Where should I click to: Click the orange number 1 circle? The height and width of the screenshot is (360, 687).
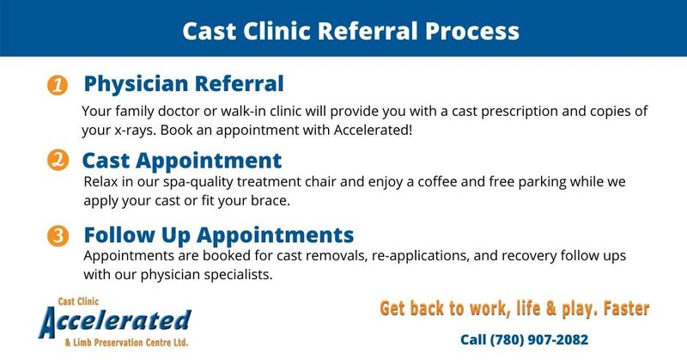(58, 85)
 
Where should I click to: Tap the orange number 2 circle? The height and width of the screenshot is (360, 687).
(58, 160)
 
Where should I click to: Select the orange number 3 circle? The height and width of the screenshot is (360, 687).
(58, 236)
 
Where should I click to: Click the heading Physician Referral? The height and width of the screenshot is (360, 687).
(184, 84)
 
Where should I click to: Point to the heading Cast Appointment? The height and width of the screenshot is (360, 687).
(182, 161)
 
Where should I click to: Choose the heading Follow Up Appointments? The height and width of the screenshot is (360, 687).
(219, 235)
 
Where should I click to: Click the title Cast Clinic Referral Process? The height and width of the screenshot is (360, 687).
(350, 31)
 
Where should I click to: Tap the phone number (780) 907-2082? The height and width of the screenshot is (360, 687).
(539, 340)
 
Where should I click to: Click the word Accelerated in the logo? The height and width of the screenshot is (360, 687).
(115, 321)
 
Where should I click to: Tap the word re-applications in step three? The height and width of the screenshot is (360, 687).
(420, 256)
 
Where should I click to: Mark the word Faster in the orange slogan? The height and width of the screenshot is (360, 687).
(626, 308)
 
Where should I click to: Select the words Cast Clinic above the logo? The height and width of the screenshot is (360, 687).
(78, 302)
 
